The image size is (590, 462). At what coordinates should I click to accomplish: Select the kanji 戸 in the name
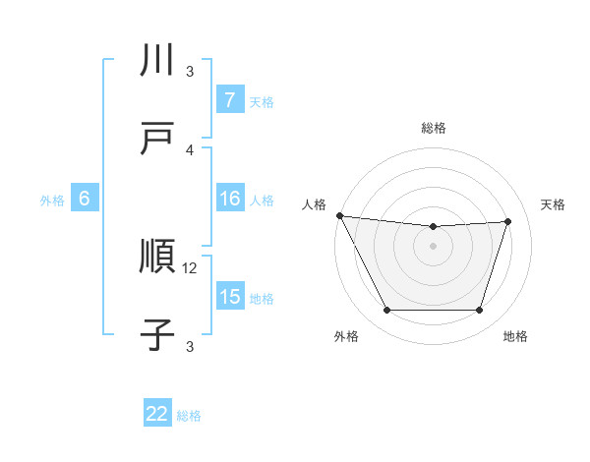tap(158, 137)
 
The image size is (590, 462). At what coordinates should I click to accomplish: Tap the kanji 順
tap(158, 258)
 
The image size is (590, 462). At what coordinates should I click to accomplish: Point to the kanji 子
tap(158, 334)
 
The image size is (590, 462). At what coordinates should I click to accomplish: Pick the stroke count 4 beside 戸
tap(191, 149)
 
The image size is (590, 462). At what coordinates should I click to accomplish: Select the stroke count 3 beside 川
tap(191, 72)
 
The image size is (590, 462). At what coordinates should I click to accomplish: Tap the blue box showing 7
tap(229, 99)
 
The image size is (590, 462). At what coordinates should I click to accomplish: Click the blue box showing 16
tap(229, 199)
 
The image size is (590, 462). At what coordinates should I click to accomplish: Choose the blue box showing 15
tap(229, 297)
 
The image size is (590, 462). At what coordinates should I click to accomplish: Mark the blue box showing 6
tap(85, 199)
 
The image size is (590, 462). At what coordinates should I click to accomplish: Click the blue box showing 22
tap(157, 414)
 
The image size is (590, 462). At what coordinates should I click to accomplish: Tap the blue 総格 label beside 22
tap(189, 416)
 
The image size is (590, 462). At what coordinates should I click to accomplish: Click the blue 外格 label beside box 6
tap(52, 201)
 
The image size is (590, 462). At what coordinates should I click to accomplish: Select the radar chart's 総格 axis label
tap(434, 128)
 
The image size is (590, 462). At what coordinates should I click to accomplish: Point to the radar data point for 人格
tap(339, 215)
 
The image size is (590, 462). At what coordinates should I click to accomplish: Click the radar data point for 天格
tap(507, 221)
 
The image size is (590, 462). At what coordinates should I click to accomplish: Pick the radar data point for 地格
tap(479, 311)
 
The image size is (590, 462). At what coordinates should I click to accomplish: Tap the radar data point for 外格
tap(386, 311)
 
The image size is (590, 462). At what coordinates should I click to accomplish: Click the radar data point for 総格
tap(434, 227)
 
